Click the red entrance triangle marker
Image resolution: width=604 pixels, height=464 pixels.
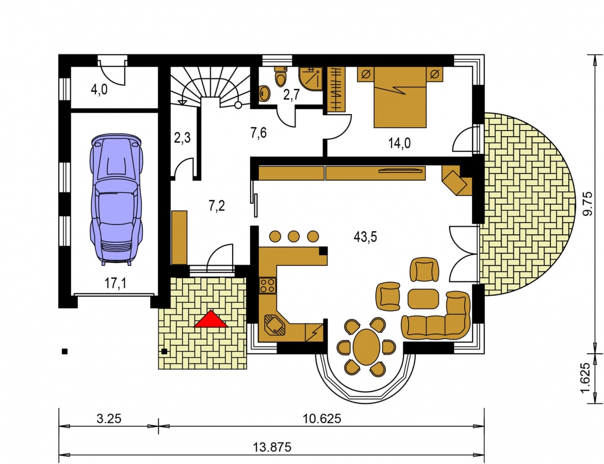(x=211, y=320)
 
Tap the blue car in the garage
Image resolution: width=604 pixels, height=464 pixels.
(x=116, y=200)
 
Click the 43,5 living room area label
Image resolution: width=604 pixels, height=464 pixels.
(x=365, y=237)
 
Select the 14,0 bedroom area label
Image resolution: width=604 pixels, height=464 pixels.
(x=399, y=143)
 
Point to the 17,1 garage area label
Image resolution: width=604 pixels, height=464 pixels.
(x=116, y=284)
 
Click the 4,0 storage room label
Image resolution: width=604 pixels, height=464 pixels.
(x=99, y=90)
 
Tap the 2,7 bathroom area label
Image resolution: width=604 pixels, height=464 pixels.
(x=291, y=95)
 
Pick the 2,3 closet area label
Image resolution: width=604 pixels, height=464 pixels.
(x=182, y=138)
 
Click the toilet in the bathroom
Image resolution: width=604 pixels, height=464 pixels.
(x=280, y=76)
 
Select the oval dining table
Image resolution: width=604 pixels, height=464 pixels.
(x=366, y=346)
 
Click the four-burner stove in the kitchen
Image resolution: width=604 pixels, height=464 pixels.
(x=267, y=285)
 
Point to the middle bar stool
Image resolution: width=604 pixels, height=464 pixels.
(x=293, y=236)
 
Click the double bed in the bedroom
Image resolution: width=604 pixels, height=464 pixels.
(x=400, y=97)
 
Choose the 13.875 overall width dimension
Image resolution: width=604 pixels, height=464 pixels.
(x=272, y=447)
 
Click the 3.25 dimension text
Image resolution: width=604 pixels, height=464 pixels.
(x=109, y=418)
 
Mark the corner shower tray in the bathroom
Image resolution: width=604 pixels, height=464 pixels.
(x=311, y=78)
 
